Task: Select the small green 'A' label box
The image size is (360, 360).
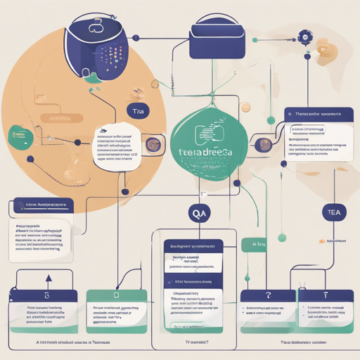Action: click(255, 243)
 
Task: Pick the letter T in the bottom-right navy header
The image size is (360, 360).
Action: click(325, 297)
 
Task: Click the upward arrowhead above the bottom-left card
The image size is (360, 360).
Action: click(49, 278)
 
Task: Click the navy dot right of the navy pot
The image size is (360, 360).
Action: click(136, 37)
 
